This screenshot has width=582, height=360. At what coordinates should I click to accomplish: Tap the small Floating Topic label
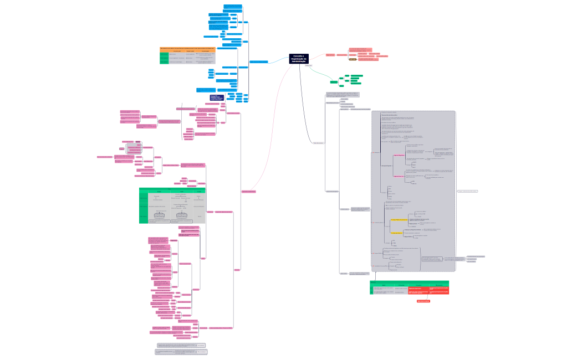coord(309,66)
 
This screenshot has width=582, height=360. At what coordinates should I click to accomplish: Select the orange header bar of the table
coord(188,49)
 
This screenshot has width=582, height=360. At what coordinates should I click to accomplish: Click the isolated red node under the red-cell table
coord(423,301)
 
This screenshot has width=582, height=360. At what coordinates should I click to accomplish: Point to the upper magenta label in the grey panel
coord(399,156)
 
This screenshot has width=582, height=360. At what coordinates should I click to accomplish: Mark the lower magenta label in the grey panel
coord(399,175)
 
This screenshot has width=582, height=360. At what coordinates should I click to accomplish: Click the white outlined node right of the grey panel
coord(467,191)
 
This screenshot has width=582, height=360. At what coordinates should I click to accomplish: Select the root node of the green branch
coord(334,82)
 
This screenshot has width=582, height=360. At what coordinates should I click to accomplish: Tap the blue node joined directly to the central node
coord(259,61)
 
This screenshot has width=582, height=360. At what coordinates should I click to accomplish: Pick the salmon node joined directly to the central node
coord(330,55)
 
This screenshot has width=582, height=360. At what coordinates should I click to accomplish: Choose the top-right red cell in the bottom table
coord(438,288)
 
